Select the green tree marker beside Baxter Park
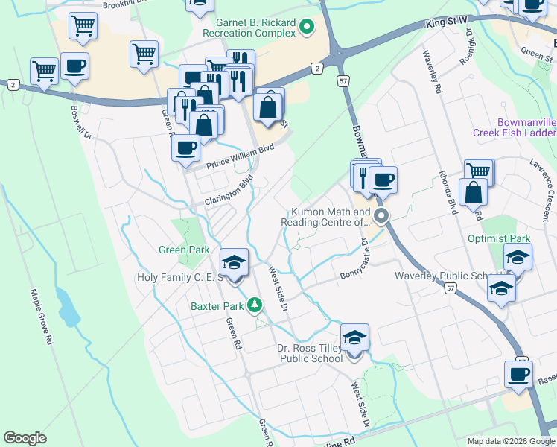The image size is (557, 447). point(255,305)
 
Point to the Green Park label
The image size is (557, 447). point(184,250)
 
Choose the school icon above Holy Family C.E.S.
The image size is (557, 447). point(235,263)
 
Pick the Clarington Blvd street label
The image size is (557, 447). point(222,192)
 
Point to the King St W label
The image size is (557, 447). point(446,23)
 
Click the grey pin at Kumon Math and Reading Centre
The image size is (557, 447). point(382,217)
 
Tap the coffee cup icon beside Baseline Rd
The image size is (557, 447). point(518,375)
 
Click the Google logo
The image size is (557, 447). point(25,438)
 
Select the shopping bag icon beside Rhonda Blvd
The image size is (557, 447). point(474,193)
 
